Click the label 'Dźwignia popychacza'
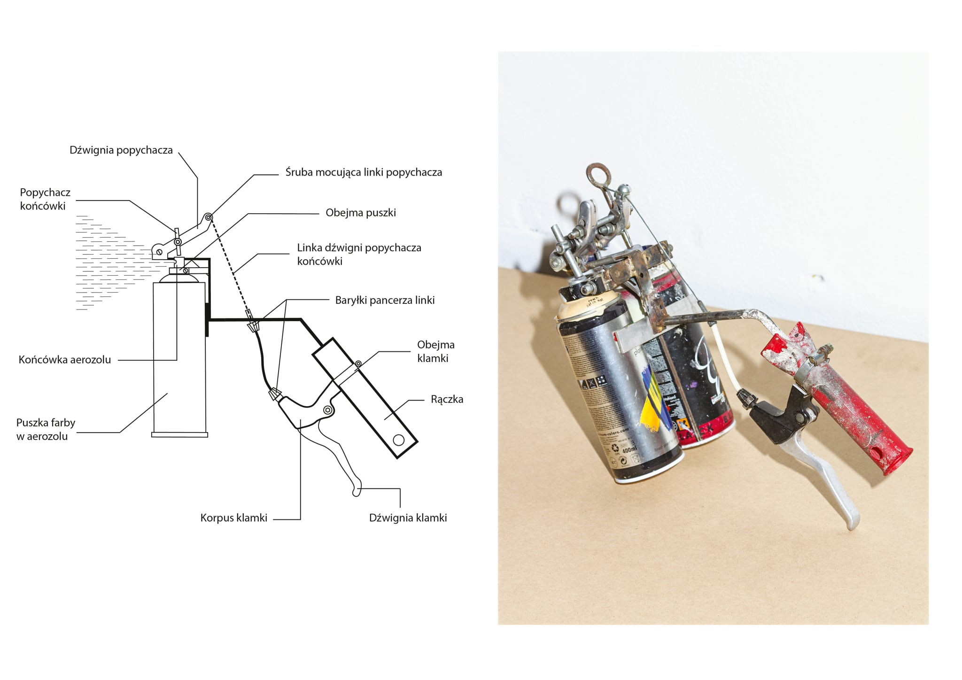(x=121, y=150)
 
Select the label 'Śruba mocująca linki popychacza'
(x=364, y=172)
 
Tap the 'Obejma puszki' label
(x=361, y=213)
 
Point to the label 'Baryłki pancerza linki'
(x=385, y=300)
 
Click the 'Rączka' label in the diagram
(x=447, y=399)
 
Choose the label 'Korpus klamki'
(x=233, y=518)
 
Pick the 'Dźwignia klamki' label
(x=408, y=518)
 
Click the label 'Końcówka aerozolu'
(x=65, y=360)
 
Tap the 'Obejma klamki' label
(x=435, y=351)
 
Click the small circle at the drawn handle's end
(x=399, y=440)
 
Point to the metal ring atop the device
(x=600, y=174)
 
